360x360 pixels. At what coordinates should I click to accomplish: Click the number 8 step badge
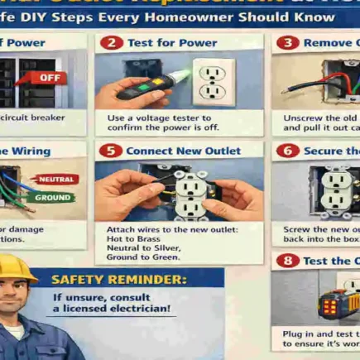(x=287, y=261)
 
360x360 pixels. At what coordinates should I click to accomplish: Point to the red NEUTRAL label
(x=56, y=179)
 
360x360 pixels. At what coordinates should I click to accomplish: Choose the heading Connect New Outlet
(x=183, y=151)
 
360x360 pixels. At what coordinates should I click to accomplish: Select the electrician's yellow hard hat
(x=18, y=266)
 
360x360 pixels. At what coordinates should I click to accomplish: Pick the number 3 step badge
(x=287, y=42)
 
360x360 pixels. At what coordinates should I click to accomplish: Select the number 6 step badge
(x=287, y=151)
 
